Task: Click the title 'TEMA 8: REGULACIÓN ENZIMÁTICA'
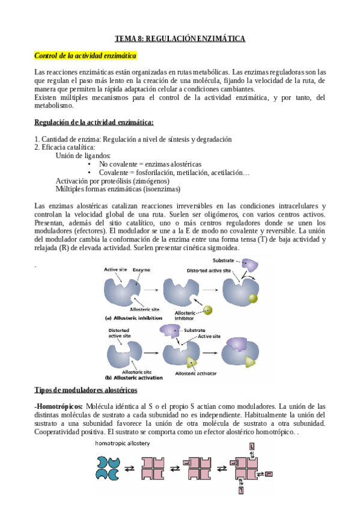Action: (180, 38)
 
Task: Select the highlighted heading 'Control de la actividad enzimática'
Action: (85, 56)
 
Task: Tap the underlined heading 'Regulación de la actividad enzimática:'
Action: (94, 123)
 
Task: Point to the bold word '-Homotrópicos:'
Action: (59, 407)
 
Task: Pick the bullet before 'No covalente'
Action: (90, 164)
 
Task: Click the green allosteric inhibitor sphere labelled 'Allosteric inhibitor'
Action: (207, 310)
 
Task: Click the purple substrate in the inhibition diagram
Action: (248, 265)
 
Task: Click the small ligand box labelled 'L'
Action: (252, 446)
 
